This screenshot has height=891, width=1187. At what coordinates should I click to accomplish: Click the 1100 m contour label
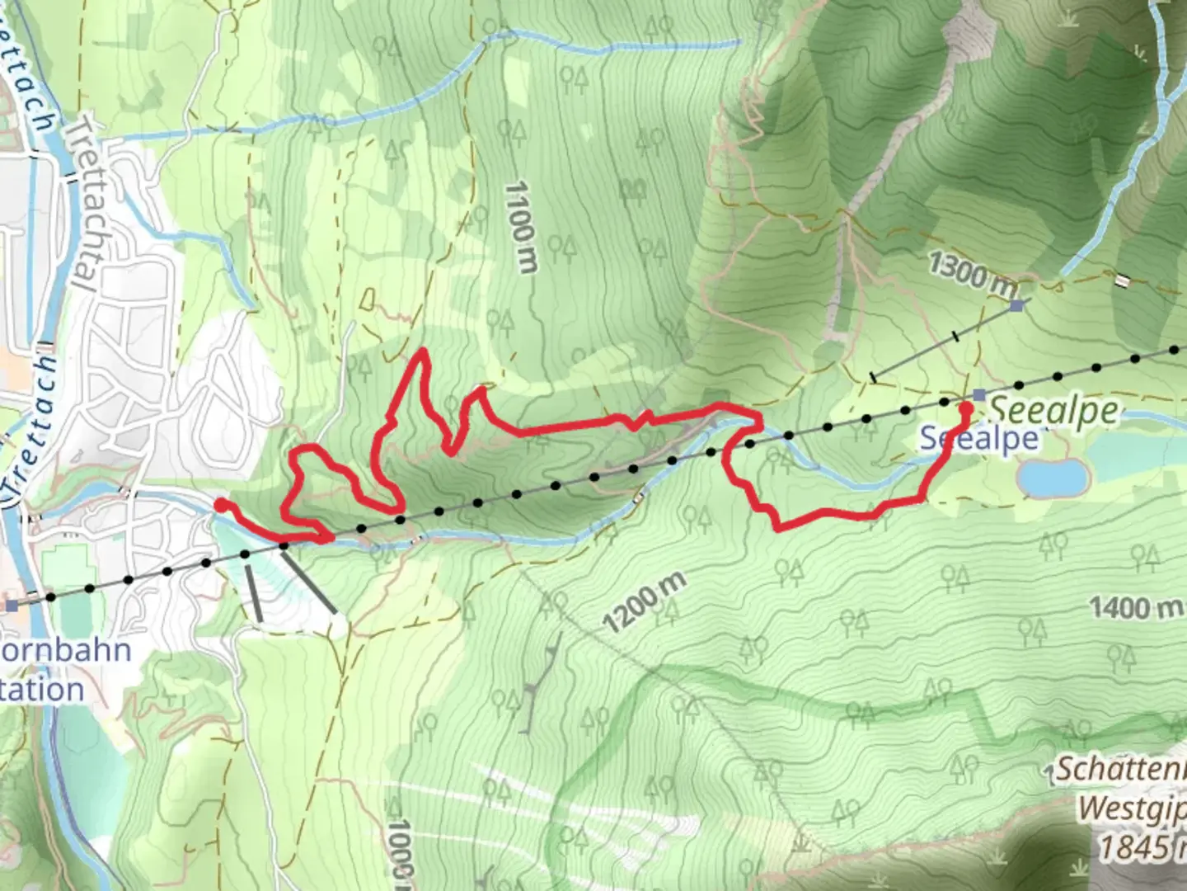click(522, 228)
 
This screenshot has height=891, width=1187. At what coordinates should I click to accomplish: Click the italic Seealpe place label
click(1054, 410)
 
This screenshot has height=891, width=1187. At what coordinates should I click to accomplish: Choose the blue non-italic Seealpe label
click(979, 439)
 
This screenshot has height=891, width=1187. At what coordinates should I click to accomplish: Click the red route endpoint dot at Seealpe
click(966, 407)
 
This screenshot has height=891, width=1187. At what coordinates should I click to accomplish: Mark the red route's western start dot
click(220, 505)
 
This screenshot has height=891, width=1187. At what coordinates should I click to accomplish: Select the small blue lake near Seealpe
click(1053, 477)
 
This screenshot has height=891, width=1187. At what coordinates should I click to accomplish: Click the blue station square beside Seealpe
click(978, 394)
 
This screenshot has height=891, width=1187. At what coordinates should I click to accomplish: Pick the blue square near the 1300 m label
click(1017, 305)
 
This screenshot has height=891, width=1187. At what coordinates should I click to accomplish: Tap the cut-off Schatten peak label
click(1121, 769)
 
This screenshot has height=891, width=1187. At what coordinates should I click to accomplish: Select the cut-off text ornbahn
click(66, 651)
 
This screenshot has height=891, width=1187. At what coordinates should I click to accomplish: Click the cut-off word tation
click(43, 690)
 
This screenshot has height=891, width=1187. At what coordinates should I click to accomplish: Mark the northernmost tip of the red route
click(423, 351)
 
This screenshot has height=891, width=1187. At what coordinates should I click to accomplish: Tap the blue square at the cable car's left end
click(10, 606)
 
